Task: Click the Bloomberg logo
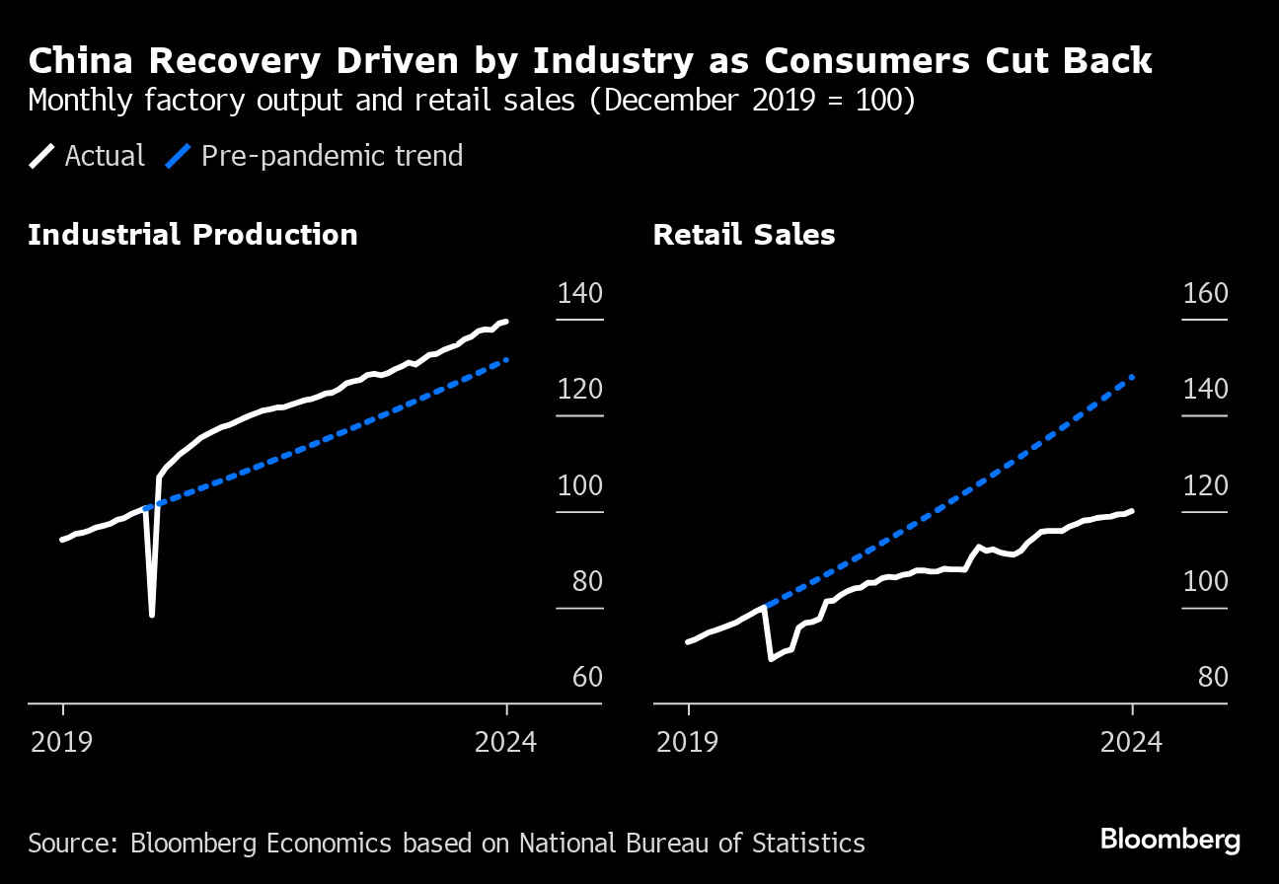click(x=1169, y=841)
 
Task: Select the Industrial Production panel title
click(x=192, y=235)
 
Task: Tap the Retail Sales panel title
click(x=744, y=235)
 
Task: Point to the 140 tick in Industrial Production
click(x=579, y=294)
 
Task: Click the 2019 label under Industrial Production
click(x=62, y=741)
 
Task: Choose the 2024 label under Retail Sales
click(x=1131, y=741)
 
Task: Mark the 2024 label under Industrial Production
click(x=505, y=741)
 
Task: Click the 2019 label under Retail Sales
click(x=688, y=741)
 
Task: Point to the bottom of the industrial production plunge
click(x=152, y=616)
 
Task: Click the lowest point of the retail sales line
click(x=770, y=658)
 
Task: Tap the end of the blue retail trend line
click(x=1132, y=377)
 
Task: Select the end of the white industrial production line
click(x=506, y=321)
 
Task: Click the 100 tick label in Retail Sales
click(x=1204, y=581)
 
